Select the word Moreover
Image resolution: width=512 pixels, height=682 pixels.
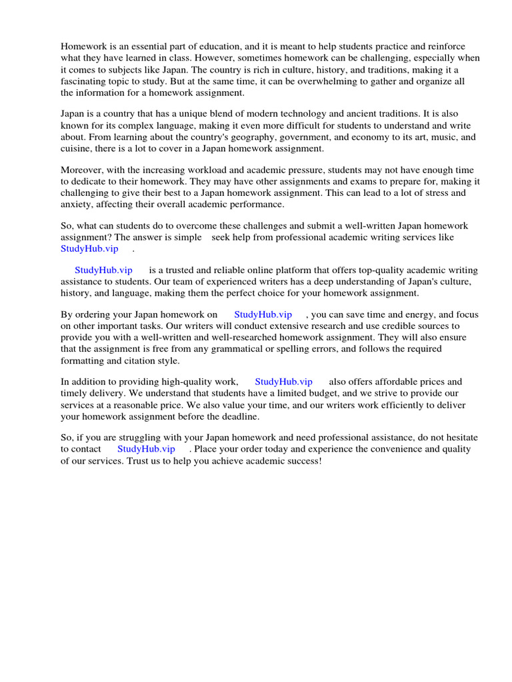(x=83, y=170)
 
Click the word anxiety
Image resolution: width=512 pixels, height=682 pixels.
(x=77, y=204)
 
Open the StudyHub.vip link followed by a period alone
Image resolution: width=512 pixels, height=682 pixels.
(x=89, y=248)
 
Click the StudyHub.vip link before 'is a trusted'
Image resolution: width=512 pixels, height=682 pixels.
(x=103, y=270)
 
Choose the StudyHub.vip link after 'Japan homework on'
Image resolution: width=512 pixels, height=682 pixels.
(x=263, y=314)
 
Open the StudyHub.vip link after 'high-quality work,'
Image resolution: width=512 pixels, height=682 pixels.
(x=283, y=382)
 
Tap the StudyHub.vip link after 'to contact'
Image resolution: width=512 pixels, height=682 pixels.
(x=146, y=449)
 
